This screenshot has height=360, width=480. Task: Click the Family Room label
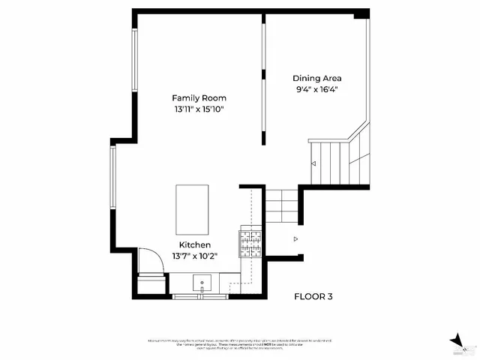coord(199,98)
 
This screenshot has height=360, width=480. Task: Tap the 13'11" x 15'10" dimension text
coord(199,109)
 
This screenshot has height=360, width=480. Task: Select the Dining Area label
coord(316,77)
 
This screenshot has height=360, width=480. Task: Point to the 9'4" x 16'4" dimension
coord(316,89)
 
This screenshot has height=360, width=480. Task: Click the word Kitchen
coord(194,245)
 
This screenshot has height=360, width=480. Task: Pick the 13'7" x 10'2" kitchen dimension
coord(194,256)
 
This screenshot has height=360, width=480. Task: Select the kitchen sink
coord(202,283)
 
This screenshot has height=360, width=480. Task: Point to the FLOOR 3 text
coord(313,297)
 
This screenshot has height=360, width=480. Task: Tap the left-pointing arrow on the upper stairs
coord(313,163)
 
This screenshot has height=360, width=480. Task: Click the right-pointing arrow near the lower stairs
coord(295,239)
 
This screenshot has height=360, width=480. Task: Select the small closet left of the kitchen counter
coord(150,286)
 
